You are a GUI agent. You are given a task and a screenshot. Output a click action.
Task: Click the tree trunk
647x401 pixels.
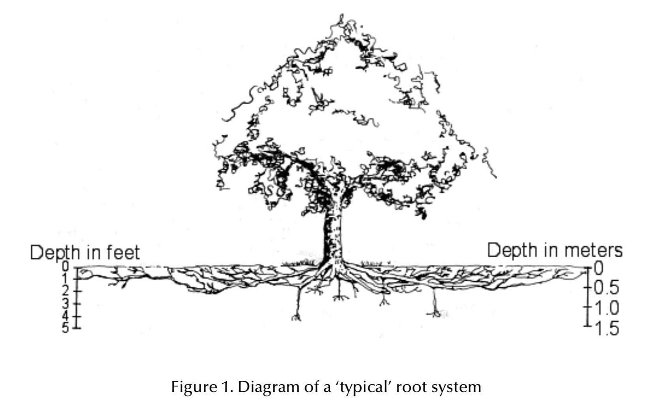tap(333, 237)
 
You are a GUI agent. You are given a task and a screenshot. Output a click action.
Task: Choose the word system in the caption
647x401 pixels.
tap(459, 387)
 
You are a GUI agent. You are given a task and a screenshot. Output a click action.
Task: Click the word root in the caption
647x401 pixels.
tap(419, 386)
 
